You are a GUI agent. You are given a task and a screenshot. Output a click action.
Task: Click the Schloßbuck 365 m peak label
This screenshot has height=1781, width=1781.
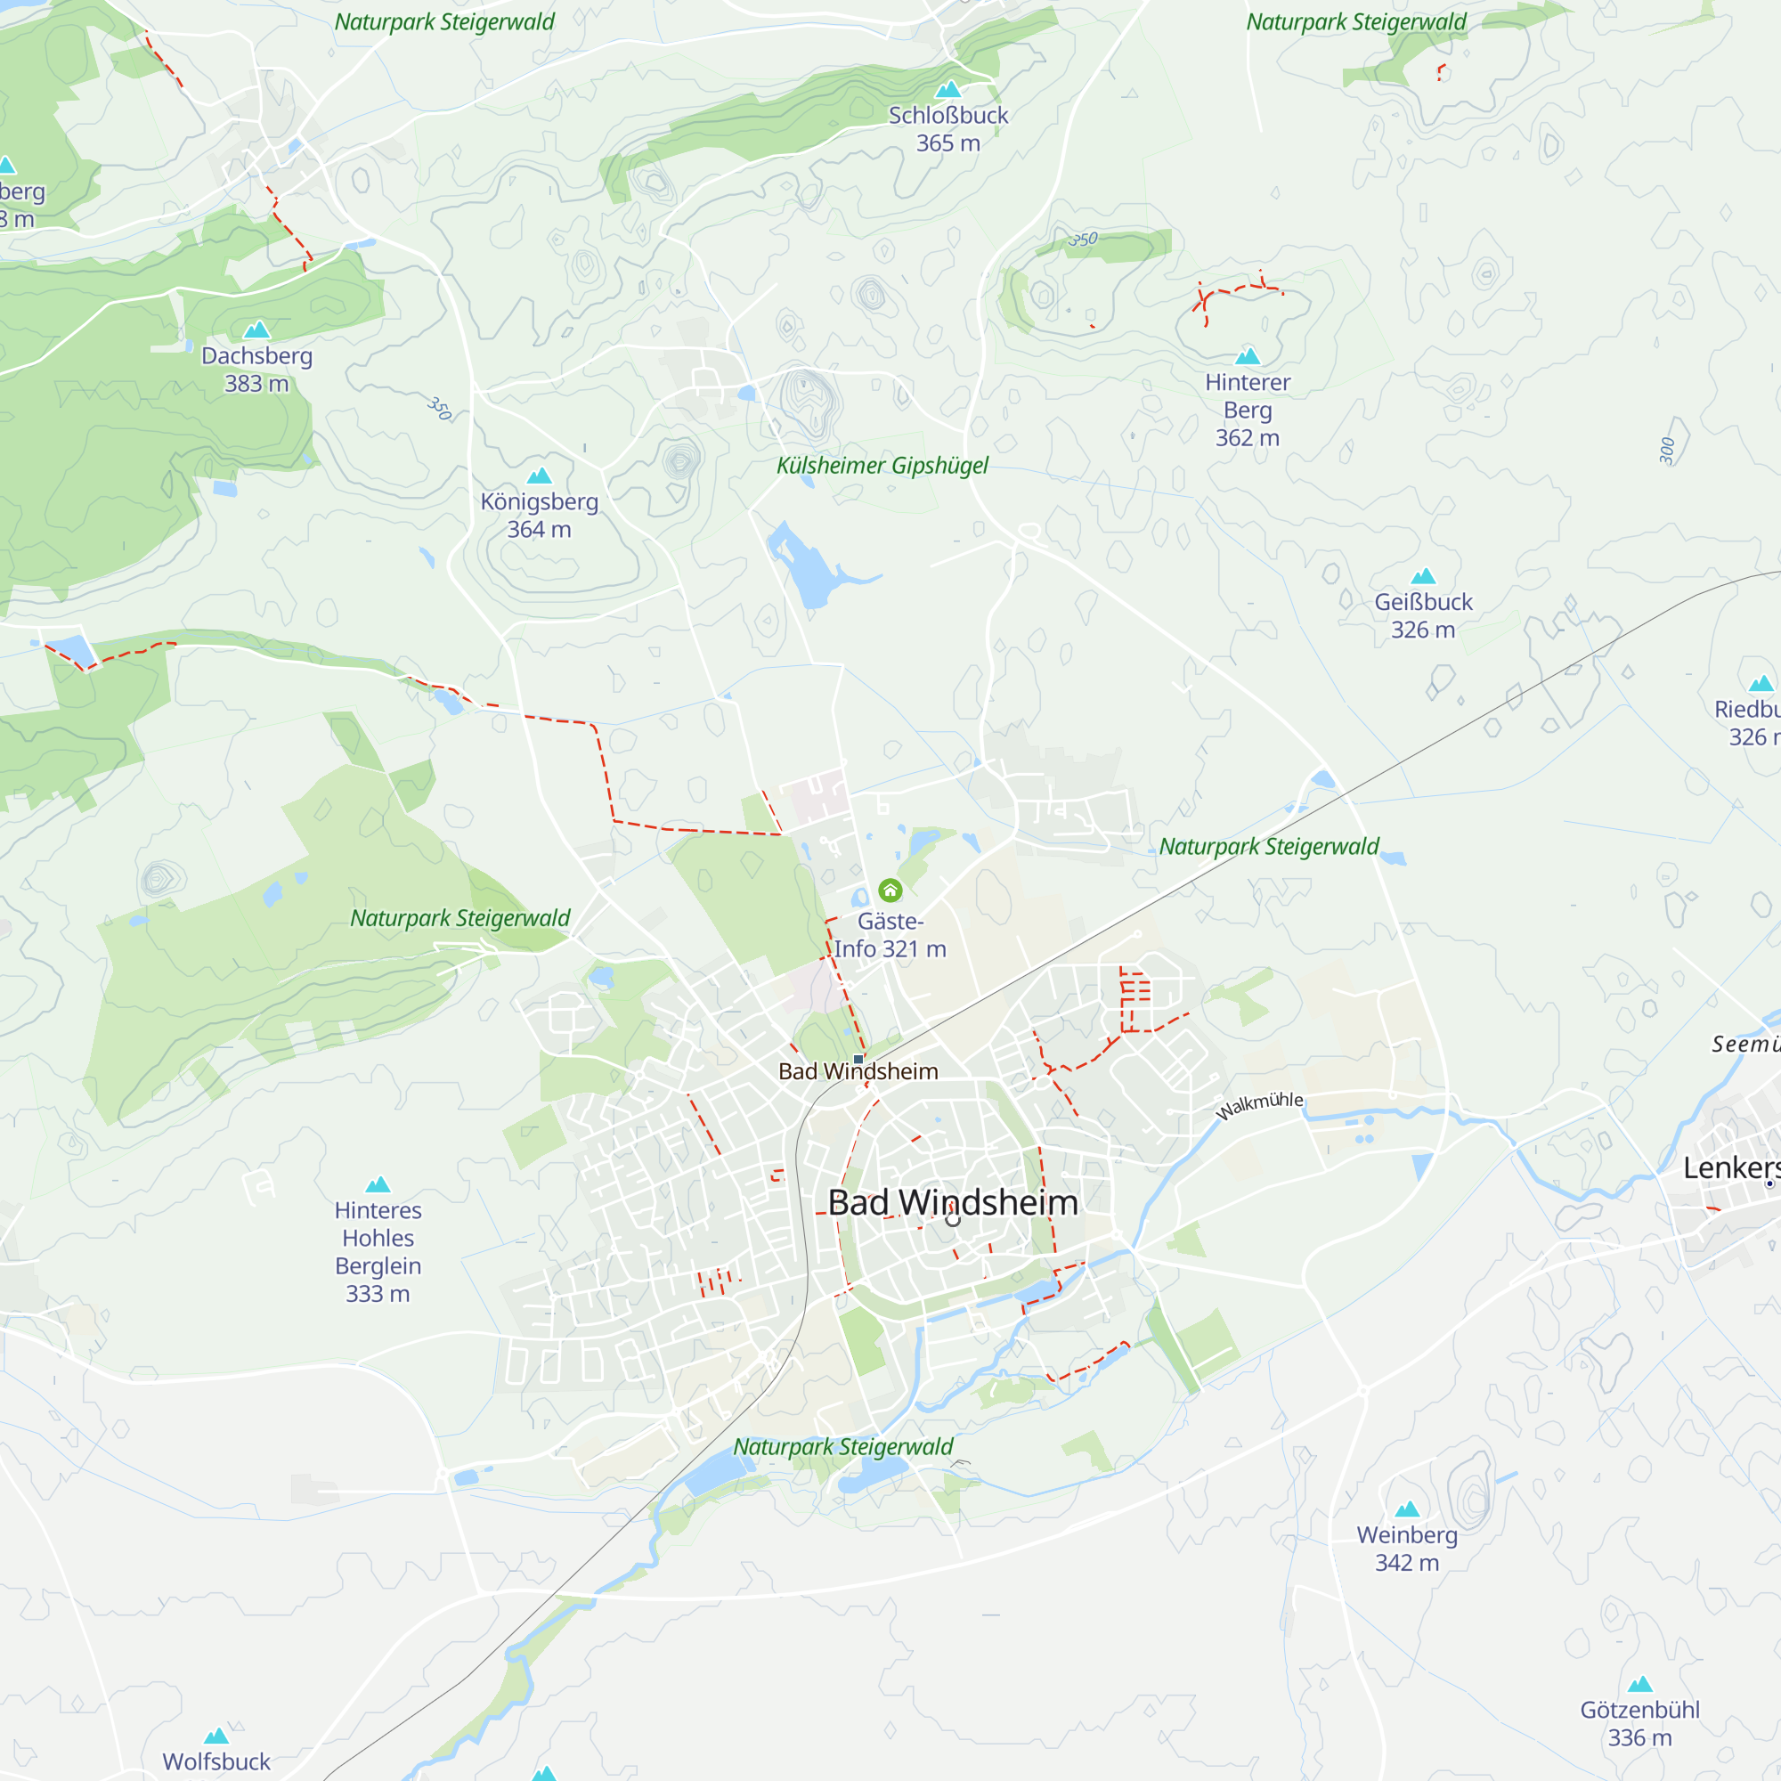click(x=947, y=129)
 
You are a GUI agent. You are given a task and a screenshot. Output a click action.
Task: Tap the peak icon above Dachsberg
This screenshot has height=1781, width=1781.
click(x=256, y=329)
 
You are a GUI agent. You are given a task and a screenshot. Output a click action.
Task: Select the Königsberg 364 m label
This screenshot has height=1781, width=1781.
click(x=540, y=516)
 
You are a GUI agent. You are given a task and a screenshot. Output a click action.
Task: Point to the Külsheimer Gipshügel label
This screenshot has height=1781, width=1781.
click(x=882, y=466)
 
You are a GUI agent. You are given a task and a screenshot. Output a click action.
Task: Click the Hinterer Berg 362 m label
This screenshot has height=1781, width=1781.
click(x=1248, y=411)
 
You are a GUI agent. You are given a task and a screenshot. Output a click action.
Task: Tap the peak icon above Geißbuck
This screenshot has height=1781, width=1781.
click(x=1423, y=576)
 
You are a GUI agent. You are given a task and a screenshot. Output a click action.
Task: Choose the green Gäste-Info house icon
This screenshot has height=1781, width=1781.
click(x=890, y=890)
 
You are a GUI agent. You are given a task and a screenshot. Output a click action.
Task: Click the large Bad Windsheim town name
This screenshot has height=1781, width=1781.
click(x=952, y=1202)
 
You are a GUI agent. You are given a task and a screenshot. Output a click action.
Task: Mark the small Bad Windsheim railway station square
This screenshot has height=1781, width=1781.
click(x=858, y=1059)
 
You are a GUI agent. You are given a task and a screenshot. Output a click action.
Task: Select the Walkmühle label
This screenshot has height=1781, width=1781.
click(x=1259, y=1103)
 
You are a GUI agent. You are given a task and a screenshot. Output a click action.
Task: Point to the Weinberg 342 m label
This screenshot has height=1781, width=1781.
click(x=1407, y=1549)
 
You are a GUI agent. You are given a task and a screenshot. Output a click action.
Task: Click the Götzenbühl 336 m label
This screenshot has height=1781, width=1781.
click(x=1639, y=1724)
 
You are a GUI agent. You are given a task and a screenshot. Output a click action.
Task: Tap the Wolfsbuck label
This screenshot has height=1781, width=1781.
click(x=216, y=1761)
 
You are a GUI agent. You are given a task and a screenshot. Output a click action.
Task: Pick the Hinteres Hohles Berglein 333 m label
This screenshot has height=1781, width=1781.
click(x=378, y=1252)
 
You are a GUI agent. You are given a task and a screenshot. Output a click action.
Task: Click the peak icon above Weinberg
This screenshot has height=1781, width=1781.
click(x=1407, y=1509)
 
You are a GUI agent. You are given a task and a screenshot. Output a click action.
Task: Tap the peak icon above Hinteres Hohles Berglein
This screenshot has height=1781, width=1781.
click(x=378, y=1184)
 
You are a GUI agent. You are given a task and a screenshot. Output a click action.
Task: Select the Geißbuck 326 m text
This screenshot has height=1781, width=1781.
click(x=1423, y=616)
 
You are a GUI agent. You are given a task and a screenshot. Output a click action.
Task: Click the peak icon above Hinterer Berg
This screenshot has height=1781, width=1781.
click(x=1248, y=357)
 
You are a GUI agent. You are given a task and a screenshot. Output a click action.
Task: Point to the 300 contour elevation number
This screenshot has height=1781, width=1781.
click(x=1667, y=451)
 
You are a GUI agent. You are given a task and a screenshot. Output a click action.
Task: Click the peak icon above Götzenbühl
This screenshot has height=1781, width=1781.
click(x=1639, y=1684)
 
